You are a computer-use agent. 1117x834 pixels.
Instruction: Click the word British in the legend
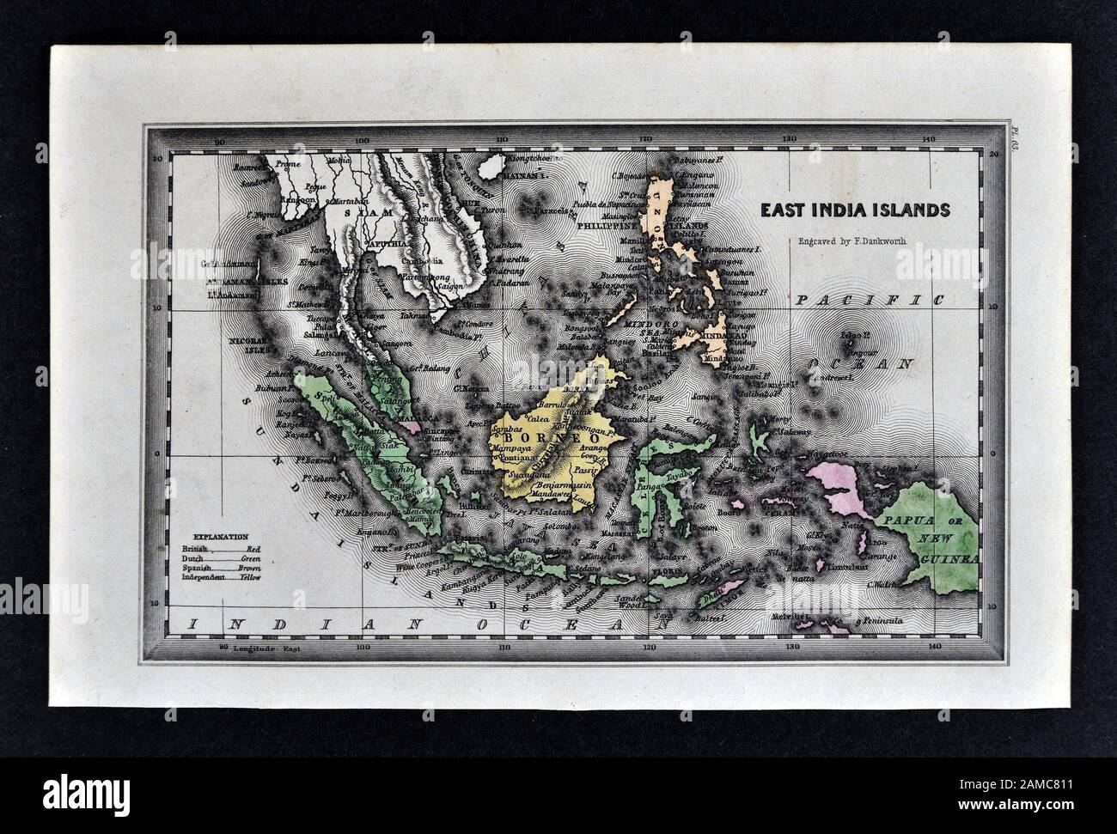click(x=195, y=547)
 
